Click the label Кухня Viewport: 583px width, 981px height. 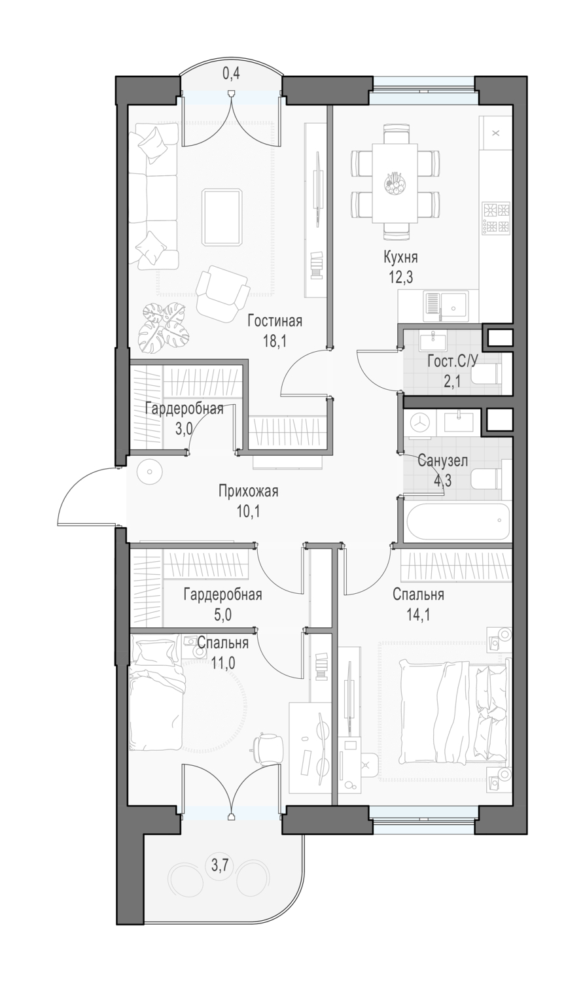(x=400, y=258)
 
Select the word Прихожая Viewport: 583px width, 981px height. (x=249, y=492)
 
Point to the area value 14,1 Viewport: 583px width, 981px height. (x=418, y=615)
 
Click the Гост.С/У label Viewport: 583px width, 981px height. (x=453, y=362)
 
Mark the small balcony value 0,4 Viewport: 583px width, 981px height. (x=231, y=74)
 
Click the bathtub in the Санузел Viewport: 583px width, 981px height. (x=458, y=522)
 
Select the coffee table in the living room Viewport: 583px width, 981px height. (x=222, y=216)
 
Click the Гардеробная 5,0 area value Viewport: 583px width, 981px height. (x=222, y=615)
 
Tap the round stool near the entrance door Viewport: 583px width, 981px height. (x=150, y=472)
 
